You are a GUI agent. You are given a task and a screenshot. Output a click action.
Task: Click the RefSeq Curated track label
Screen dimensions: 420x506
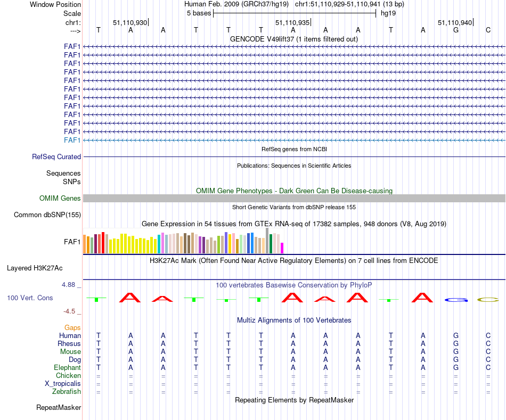coord(56,157)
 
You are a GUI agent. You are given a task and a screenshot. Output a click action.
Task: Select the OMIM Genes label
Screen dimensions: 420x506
coord(60,199)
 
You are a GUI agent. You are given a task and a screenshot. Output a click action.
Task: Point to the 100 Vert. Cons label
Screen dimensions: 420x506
coord(30,298)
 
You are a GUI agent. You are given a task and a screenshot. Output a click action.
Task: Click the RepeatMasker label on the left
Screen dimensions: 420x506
coord(59,408)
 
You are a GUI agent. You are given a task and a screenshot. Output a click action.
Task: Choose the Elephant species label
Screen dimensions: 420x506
coord(67,368)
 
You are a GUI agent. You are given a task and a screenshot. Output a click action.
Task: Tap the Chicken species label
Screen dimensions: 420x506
coord(68,376)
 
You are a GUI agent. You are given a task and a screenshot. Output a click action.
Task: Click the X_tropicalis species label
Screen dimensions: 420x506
coord(63,384)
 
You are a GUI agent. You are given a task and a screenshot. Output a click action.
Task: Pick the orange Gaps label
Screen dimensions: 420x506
coord(72,328)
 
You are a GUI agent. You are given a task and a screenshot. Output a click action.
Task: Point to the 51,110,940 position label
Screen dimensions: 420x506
coord(454,22)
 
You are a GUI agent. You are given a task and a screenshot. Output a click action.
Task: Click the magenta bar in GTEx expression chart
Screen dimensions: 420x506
coord(282,248)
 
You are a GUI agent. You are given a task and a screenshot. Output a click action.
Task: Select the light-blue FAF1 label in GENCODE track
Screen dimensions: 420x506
coord(72,140)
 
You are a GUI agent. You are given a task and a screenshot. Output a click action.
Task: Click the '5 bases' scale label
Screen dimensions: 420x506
coord(199,13)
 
